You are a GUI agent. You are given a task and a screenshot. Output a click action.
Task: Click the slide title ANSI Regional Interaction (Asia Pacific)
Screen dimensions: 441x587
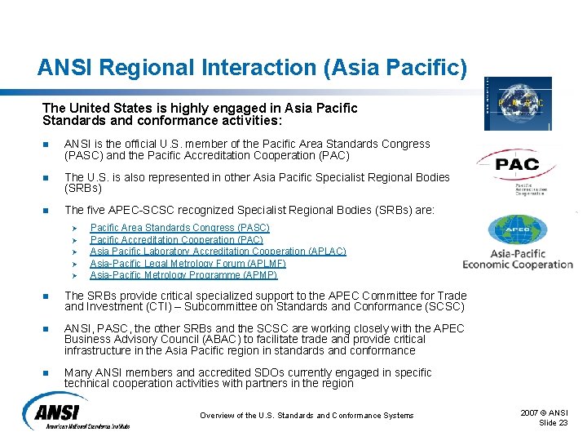[x=252, y=66]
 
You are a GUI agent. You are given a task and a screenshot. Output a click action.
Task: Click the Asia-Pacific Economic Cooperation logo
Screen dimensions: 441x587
[x=518, y=243]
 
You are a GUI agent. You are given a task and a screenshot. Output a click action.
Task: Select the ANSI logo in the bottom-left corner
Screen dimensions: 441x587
[x=76, y=411]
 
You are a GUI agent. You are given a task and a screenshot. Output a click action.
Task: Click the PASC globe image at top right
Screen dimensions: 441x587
[x=518, y=104]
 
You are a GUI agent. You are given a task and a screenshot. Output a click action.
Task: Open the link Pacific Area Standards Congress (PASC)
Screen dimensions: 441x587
[x=179, y=228]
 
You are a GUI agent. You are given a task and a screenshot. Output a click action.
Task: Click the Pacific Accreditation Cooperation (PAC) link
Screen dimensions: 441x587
[x=176, y=240]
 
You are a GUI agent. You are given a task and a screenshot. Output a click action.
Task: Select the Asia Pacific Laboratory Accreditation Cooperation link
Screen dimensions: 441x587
[x=218, y=252]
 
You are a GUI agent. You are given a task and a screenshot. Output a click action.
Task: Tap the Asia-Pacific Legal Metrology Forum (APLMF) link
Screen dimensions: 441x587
[x=188, y=264]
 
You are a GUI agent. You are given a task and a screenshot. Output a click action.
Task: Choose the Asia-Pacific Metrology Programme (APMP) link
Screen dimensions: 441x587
[x=183, y=275]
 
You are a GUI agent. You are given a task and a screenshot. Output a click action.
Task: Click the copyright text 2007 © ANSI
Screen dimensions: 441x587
[x=545, y=412]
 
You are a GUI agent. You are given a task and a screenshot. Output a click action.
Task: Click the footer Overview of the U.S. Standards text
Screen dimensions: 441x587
[x=307, y=416]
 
